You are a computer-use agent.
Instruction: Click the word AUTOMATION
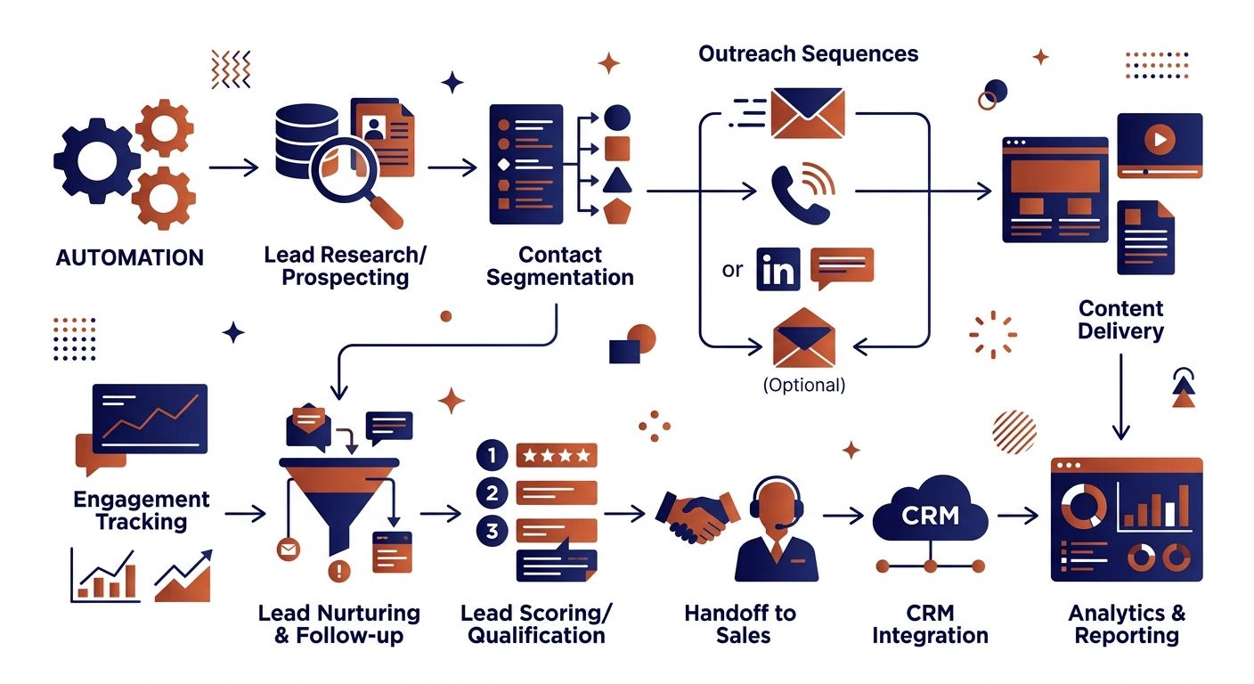tap(130, 257)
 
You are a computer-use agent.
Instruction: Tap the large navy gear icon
tap(96, 162)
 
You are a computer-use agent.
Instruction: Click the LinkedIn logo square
tap(778, 269)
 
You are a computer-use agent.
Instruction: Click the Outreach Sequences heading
tap(809, 53)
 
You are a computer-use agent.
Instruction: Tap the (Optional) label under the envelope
tap(804, 385)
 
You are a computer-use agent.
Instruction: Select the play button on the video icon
tap(1160, 139)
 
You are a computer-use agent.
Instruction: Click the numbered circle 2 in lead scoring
tap(493, 493)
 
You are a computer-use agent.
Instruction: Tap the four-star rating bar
tap(557, 455)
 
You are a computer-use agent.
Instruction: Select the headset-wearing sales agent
tap(777, 529)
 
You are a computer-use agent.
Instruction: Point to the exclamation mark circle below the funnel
tap(338, 571)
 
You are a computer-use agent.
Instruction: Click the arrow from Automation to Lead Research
tap(234, 167)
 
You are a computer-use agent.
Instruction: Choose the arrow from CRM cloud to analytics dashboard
tap(1018, 515)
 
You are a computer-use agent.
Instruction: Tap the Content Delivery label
tap(1120, 320)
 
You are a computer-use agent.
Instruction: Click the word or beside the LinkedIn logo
tap(732, 271)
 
